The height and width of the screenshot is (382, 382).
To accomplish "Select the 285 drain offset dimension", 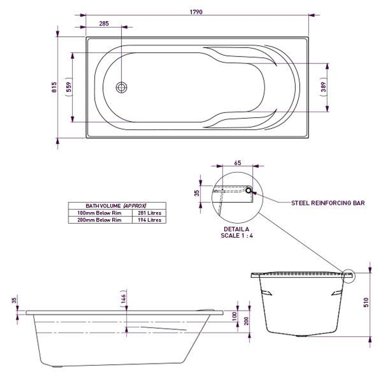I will pos(104,24).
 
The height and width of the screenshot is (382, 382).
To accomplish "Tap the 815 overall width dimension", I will pos(54,87).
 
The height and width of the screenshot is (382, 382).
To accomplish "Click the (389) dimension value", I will pos(323,87).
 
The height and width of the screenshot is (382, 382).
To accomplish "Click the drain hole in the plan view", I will pos(122,87).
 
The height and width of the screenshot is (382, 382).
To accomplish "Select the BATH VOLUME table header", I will pos(116,206).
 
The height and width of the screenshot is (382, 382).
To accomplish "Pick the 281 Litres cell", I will pos(149,213).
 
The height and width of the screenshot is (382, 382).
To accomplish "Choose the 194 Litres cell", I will pos(149,220).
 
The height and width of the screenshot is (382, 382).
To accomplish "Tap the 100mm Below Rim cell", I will pos(99,213).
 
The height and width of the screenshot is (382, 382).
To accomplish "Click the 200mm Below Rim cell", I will pos(99,220).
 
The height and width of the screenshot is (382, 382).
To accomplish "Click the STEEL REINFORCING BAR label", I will pos(328,203).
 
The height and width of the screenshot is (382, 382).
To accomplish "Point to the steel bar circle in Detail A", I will pos(249,190).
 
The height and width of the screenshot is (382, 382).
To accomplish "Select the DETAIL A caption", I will pos(236,229).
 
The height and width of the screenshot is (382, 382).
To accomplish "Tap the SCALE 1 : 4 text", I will pos(237,235).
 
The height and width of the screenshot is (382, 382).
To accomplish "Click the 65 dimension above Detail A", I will pos(238,163).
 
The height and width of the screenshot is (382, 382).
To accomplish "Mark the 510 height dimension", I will pos(366,302).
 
